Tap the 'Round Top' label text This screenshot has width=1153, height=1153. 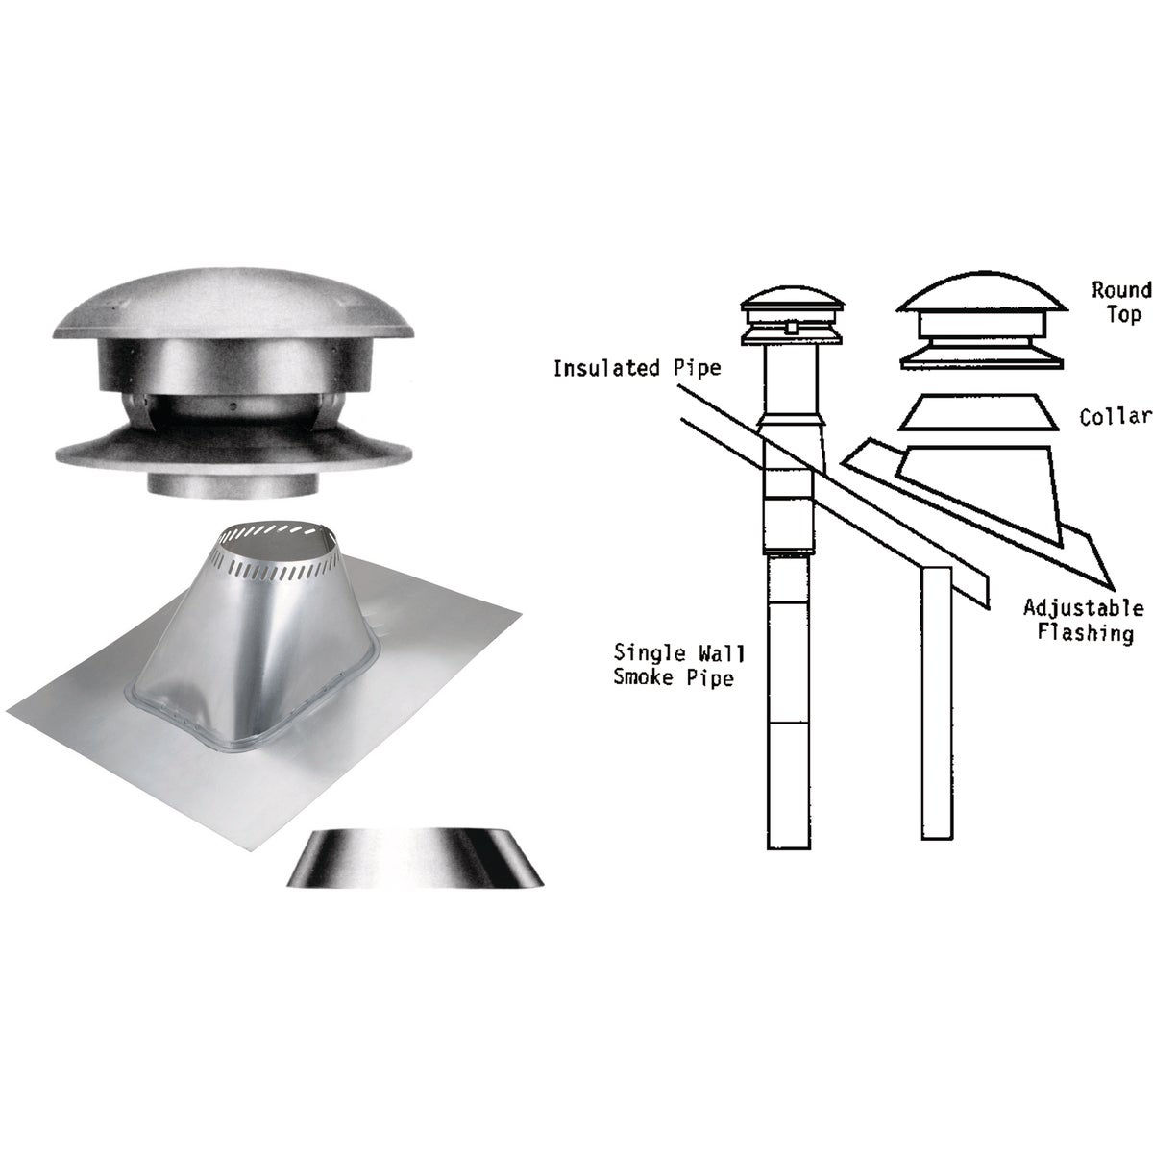click(1120, 302)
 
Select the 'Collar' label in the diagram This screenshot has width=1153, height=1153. click(1115, 416)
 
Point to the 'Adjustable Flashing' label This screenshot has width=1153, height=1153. click(1083, 621)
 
